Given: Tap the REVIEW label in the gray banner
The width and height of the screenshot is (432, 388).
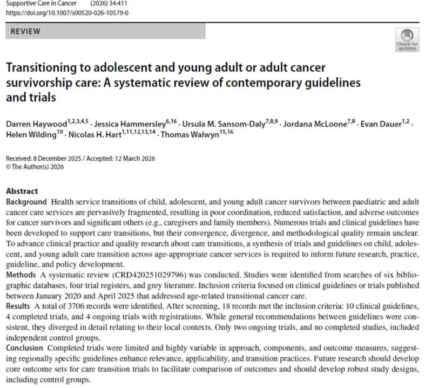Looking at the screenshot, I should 25,31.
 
